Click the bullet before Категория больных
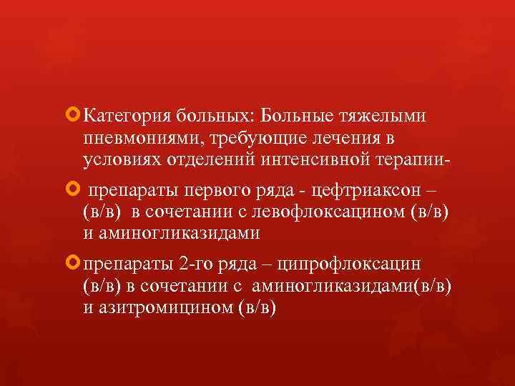click(x=72, y=114)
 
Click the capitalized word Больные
click(x=295, y=115)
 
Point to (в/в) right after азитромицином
click(x=258, y=309)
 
